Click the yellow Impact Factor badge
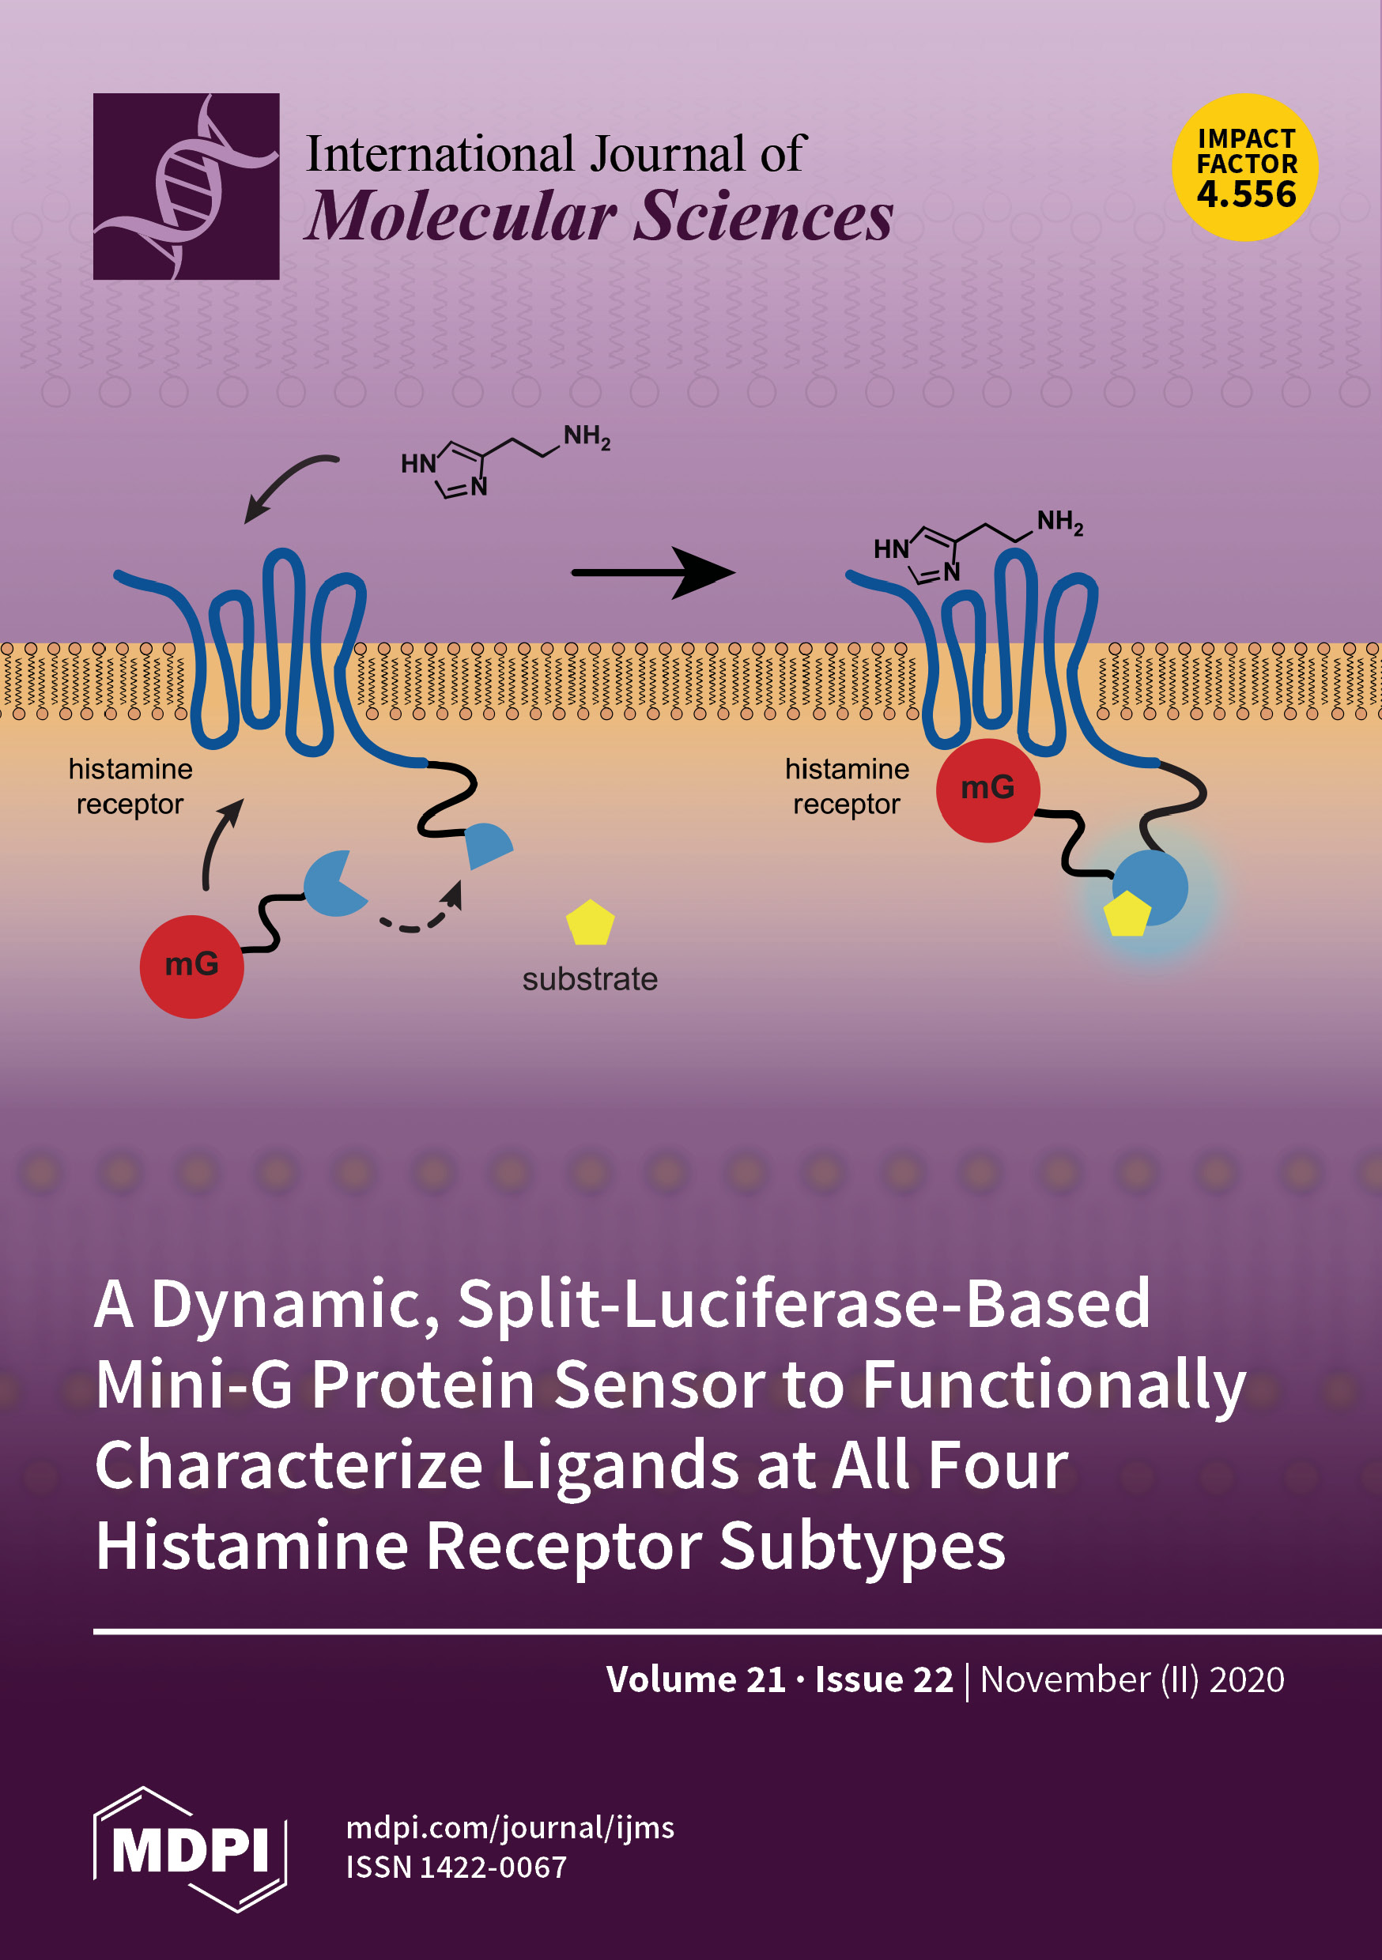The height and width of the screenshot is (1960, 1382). [x=1244, y=168]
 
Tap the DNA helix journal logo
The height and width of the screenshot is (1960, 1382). [x=187, y=186]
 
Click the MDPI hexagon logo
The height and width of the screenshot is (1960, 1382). [x=189, y=1849]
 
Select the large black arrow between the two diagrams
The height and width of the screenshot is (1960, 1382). [x=653, y=573]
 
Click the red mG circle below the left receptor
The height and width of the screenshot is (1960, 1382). [x=191, y=967]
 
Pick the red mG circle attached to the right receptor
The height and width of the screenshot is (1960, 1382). [x=987, y=790]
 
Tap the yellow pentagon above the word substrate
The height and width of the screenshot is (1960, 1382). [x=589, y=924]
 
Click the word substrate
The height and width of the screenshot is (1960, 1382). [x=589, y=979]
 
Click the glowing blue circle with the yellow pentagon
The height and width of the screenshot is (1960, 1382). [x=1150, y=888]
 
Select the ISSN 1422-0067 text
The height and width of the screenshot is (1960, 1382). [x=456, y=1867]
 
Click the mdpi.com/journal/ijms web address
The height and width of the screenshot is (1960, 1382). [x=510, y=1828]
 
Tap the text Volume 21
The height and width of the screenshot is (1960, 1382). [x=695, y=1679]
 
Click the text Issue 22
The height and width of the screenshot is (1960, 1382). [x=883, y=1679]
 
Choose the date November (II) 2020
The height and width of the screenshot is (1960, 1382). [x=1131, y=1679]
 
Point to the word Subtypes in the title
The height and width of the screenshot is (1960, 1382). [x=862, y=1546]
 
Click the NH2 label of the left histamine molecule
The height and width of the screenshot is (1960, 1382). [x=586, y=437]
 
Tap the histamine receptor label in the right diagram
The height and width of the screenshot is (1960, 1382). [x=847, y=786]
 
